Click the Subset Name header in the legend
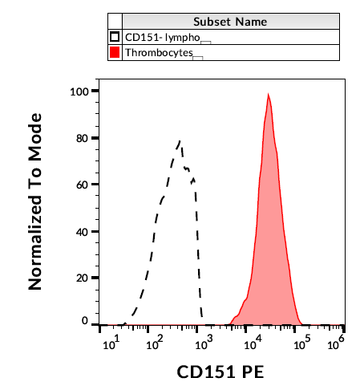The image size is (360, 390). coord(230,22)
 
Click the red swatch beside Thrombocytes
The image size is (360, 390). coord(115,52)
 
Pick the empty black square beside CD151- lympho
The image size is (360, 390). coord(115,37)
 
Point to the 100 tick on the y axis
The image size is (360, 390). coord(79,91)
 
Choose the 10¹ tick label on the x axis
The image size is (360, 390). coord(112,344)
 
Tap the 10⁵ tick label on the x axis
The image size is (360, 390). coord(301,344)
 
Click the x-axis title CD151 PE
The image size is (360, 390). coord(220,373)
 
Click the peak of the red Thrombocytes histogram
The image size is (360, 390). coord(269,95)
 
